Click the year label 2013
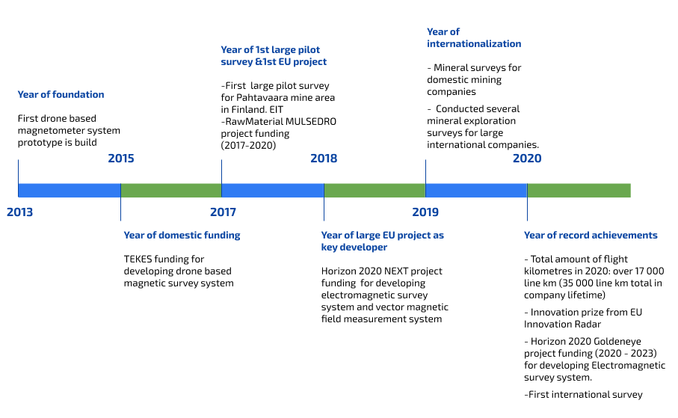(20, 212)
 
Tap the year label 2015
(121, 159)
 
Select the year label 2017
(223, 212)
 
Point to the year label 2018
(324, 159)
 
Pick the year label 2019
(425, 212)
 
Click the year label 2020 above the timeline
(527, 159)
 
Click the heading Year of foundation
(61, 95)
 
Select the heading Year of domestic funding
(182, 236)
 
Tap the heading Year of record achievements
(591, 236)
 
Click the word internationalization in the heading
(474, 43)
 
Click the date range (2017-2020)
(249, 145)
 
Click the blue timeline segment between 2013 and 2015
(70, 191)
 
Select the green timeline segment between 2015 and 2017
(171, 191)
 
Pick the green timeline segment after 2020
(579, 191)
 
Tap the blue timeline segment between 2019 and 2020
(476, 191)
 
